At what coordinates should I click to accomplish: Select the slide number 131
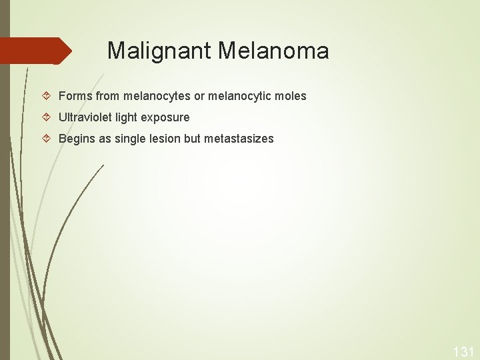coord(463,351)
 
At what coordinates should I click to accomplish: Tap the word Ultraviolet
coord(85,117)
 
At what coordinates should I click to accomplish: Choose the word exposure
coord(165,117)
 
